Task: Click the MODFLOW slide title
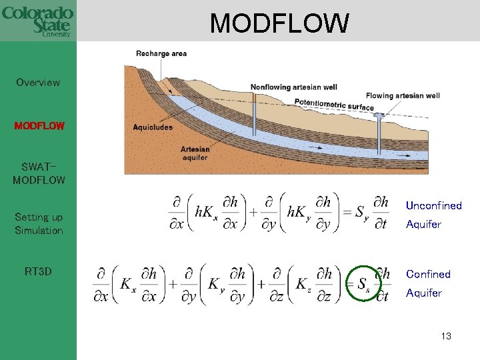pos(279,23)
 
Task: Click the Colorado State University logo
pos(37,21)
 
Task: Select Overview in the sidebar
pos(38,83)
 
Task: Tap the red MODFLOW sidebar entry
pos(39,125)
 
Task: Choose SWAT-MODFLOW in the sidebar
pos(39,173)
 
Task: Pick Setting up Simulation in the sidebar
pos(39,224)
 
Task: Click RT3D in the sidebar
pos(38,271)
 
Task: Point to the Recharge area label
pos(161,53)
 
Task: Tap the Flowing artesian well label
pos(403,95)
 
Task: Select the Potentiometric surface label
pos(334,104)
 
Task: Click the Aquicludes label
pos(153,127)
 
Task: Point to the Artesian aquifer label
pos(195,153)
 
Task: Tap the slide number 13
pos(446,336)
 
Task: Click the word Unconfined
pos(433,205)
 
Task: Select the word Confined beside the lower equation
pos(428,274)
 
